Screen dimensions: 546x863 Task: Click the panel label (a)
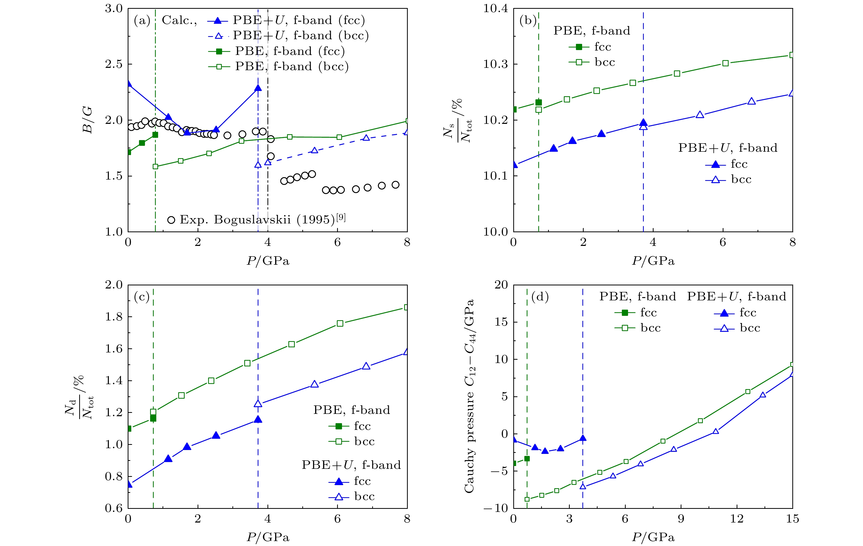point(142,20)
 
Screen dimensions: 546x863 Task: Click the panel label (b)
point(528,20)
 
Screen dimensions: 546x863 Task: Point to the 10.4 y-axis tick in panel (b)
point(496,9)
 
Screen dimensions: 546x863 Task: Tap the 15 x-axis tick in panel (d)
point(792,519)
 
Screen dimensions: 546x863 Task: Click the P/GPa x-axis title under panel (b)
point(653,261)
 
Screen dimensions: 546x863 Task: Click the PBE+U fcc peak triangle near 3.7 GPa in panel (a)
point(258,88)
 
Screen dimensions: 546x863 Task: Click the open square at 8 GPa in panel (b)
point(792,55)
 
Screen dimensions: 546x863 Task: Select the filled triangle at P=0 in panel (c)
point(129,484)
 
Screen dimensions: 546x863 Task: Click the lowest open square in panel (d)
point(527,499)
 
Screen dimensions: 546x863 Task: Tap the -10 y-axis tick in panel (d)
point(496,508)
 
